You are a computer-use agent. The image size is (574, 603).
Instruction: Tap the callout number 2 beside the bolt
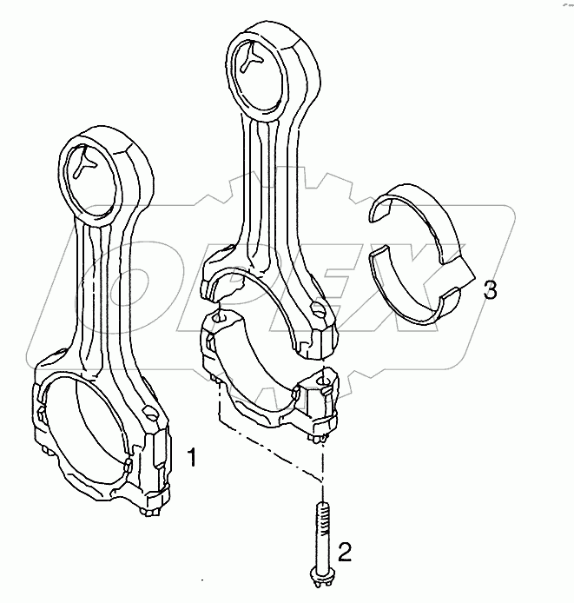click(346, 550)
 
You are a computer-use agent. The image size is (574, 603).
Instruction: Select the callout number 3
click(490, 290)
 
